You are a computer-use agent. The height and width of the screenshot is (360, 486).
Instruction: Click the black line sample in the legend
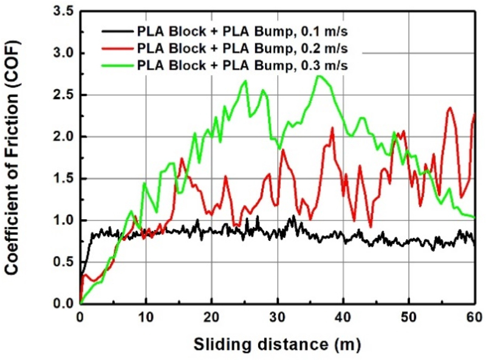116,29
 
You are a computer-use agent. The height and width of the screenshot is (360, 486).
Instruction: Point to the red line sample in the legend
116,47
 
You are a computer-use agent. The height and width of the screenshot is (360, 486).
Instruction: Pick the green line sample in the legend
116,64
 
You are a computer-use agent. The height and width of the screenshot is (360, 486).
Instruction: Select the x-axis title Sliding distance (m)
277,345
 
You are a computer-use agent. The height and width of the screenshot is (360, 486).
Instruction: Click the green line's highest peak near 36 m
319,76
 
